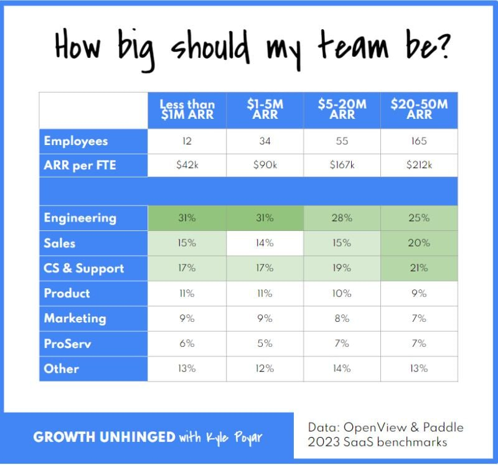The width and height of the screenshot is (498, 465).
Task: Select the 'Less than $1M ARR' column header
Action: pos(187,111)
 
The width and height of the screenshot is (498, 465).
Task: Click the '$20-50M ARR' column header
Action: pos(419,111)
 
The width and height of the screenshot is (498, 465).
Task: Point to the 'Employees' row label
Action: pos(75,141)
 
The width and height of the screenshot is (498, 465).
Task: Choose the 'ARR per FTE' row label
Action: pos(79,166)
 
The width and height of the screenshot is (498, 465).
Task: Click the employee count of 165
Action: pos(419,141)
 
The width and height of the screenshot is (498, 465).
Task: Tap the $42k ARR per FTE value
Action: pos(187,166)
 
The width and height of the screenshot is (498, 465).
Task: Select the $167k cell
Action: pos(342,166)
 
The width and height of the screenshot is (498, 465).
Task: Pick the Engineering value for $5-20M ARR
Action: pos(342,218)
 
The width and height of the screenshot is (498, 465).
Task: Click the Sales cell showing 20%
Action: pos(419,243)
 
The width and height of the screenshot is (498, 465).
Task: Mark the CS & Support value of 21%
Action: pos(419,268)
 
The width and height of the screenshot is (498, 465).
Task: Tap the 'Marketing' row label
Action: pos(75,318)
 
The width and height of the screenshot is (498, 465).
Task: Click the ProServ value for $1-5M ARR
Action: pos(265,344)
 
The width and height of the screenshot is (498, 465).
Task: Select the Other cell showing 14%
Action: pos(342,369)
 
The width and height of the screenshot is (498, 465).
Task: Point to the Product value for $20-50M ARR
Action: pos(419,293)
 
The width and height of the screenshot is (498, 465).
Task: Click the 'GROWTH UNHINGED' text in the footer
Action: pos(104,437)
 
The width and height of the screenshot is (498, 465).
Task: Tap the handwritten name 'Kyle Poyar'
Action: pos(232,438)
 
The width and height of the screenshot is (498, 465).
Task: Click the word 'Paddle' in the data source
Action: pos(441,427)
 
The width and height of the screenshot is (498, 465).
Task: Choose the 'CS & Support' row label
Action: pos(83,268)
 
